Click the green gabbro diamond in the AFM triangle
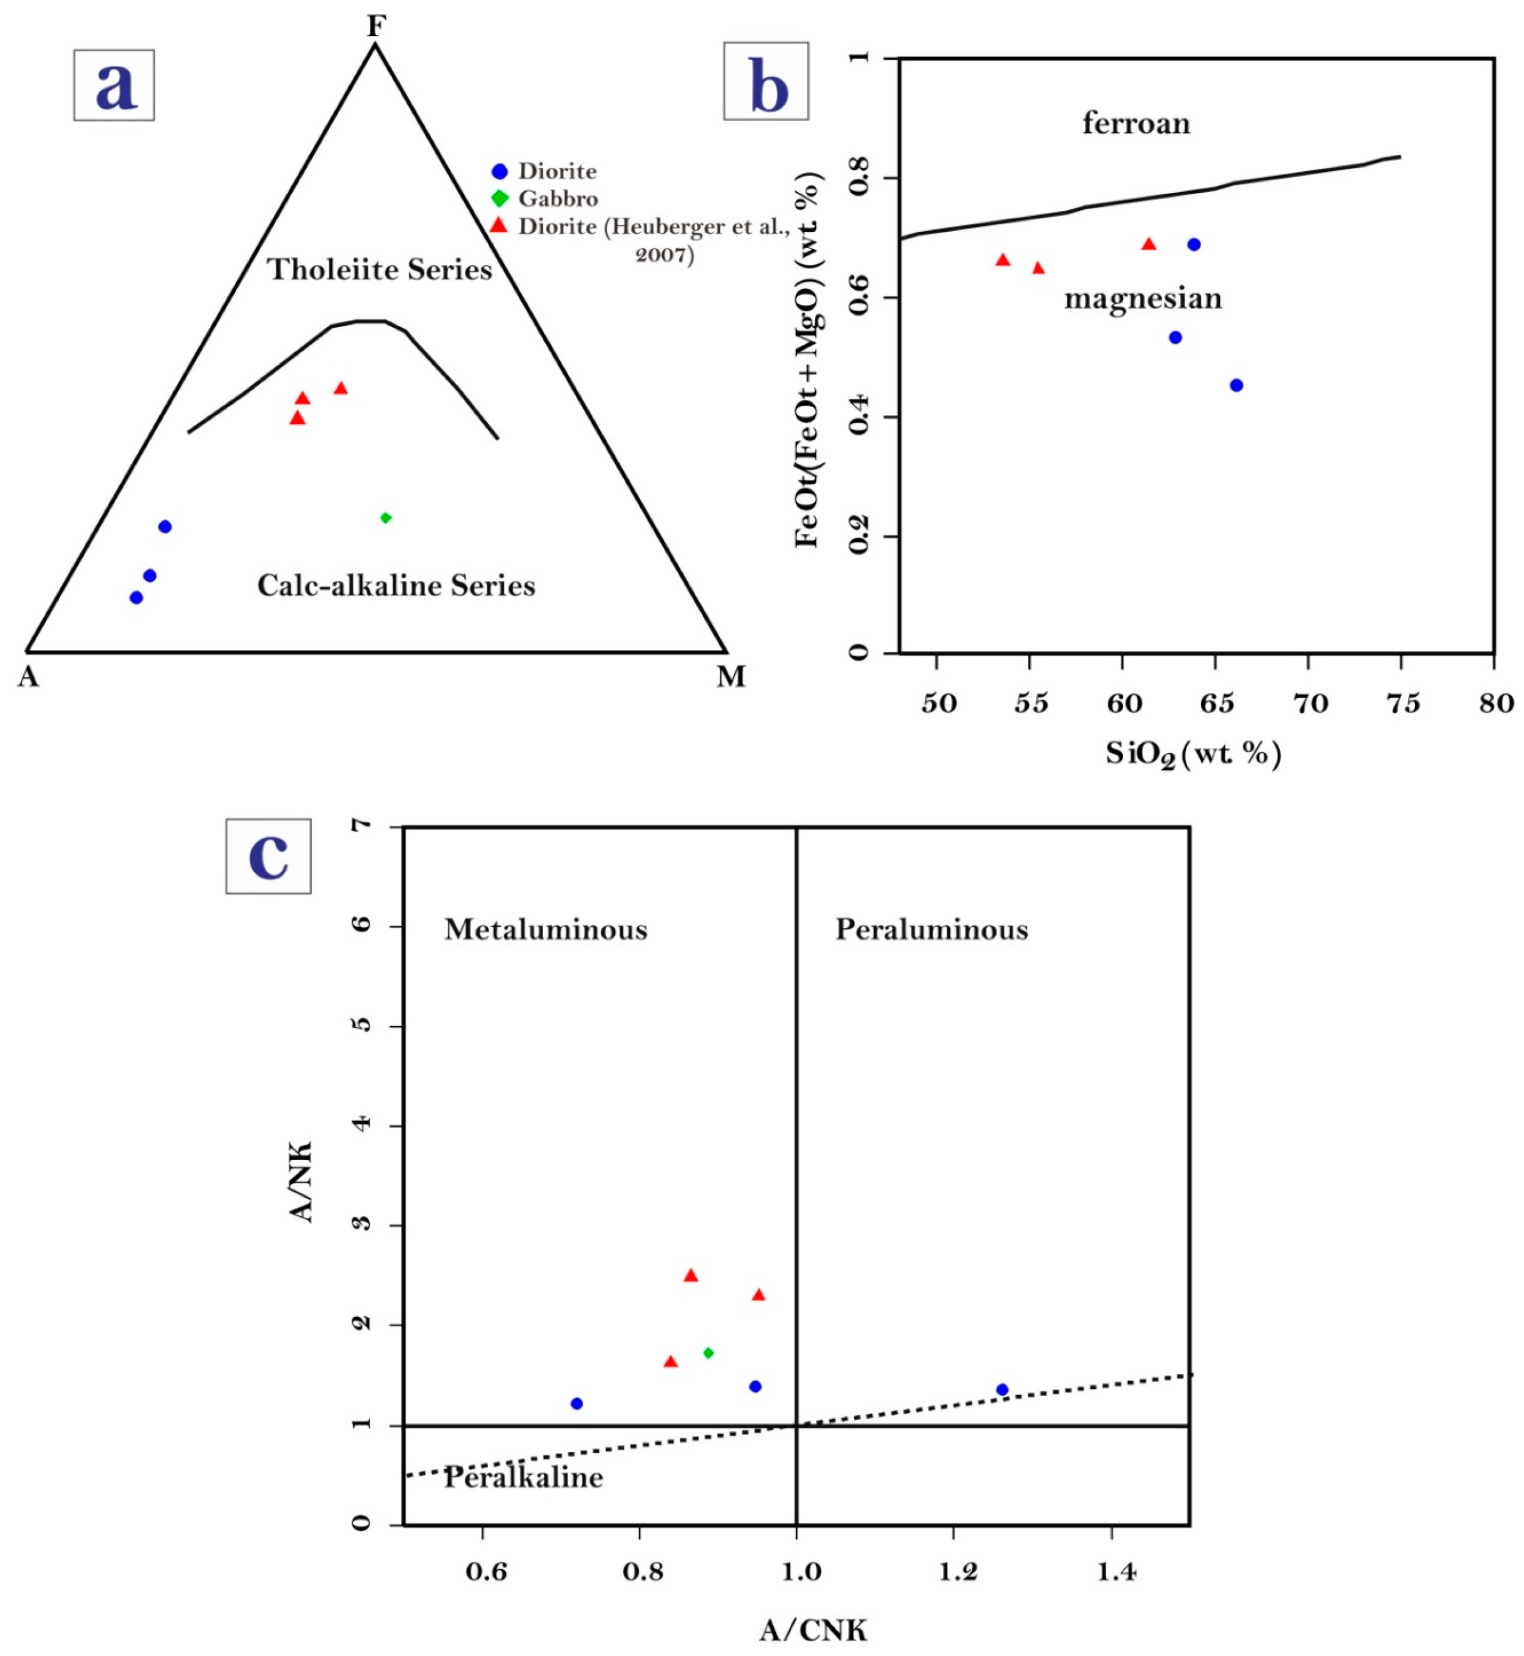[x=385, y=517]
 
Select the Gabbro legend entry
[x=557, y=199]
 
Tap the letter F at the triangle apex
[x=376, y=26]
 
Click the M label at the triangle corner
[x=731, y=677]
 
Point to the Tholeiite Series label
[x=380, y=270]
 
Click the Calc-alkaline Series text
[x=396, y=585]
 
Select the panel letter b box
[x=766, y=81]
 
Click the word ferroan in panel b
[x=1136, y=123]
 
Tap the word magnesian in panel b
[x=1142, y=298]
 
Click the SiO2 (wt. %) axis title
[x=1193, y=753]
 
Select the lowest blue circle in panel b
[x=1235, y=385]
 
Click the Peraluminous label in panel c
[x=931, y=930]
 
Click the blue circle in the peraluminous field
[x=1002, y=1389]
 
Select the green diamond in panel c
[x=708, y=1353]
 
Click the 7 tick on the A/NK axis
[x=364, y=826]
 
